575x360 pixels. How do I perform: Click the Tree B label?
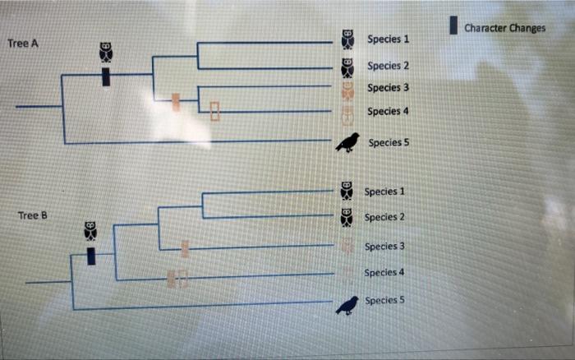click(33, 215)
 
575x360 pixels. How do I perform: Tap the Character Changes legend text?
click(504, 28)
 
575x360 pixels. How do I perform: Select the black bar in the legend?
click(453, 25)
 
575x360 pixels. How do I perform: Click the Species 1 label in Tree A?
click(388, 39)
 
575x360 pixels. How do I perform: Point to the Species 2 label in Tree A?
click(388, 66)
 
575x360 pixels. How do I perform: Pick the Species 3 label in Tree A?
click(388, 88)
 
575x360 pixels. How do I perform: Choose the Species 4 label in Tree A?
click(388, 111)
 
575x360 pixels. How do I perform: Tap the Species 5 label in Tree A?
click(389, 142)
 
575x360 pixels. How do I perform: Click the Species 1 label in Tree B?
click(384, 192)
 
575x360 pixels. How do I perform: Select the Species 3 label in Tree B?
click(384, 246)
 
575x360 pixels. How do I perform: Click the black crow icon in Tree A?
click(347, 142)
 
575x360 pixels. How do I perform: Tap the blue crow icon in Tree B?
click(347, 305)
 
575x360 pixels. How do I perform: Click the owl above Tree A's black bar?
click(106, 51)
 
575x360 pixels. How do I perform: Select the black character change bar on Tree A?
click(106, 76)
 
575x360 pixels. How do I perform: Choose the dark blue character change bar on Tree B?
click(91, 256)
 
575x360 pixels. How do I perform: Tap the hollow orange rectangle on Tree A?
click(215, 111)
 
